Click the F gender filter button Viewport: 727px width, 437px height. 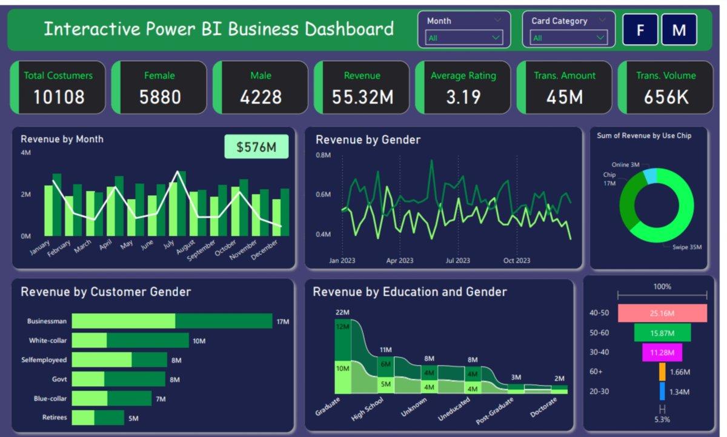point(640,30)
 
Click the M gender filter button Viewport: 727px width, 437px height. point(679,30)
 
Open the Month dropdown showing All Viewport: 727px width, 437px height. point(464,38)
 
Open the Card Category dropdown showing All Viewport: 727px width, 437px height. point(568,38)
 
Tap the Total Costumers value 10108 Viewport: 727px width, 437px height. point(59,97)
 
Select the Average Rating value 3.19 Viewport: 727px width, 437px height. point(463,97)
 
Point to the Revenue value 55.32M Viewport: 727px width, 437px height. point(362,97)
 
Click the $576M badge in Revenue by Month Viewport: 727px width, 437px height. point(256,147)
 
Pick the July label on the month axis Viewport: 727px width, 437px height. point(169,245)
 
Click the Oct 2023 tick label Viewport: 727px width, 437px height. point(517,261)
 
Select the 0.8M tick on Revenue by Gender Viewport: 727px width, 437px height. point(324,155)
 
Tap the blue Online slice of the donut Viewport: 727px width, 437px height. point(650,176)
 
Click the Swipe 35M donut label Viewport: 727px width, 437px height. point(687,247)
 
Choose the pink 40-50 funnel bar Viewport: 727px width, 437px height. point(662,313)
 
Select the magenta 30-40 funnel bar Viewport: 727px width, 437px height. point(662,353)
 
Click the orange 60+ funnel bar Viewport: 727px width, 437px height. point(662,372)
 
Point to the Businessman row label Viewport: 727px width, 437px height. point(47,321)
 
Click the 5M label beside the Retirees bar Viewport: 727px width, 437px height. point(133,418)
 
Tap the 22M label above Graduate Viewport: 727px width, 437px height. point(342,312)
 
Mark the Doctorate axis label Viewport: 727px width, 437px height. point(543,407)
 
